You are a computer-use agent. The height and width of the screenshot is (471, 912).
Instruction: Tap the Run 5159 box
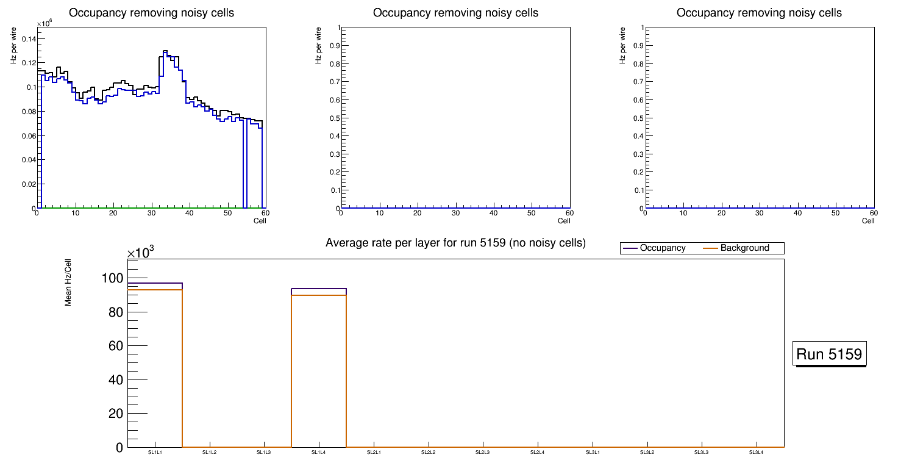pyautogui.click(x=830, y=354)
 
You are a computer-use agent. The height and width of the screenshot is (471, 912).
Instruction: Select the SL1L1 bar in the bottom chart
pyautogui.click(x=155, y=366)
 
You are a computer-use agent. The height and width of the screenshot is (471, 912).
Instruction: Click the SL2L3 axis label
pyautogui.click(x=483, y=452)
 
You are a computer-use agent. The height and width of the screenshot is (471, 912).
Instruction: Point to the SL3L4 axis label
pyautogui.click(x=756, y=452)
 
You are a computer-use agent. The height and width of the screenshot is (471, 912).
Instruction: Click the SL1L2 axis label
pyautogui.click(x=210, y=452)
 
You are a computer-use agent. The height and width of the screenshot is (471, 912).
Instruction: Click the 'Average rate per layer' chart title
pyautogui.click(x=455, y=243)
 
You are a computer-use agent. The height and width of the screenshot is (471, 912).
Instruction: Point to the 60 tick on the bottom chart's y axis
pyautogui.click(x=115, y=346)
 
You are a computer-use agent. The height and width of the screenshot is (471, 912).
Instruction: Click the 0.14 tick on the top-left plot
pyautogui.click(x=29, y=38)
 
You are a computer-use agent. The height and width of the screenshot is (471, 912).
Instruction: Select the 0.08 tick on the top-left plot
pyautogui.click(x=29, y=111)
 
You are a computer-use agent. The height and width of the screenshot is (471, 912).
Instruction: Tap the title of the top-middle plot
pyautogui.click(x=455, y=13)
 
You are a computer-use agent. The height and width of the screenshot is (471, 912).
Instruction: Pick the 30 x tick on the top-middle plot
pyautogui.click(x=455, y=213)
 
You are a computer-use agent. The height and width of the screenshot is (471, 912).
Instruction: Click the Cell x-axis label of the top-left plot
pyautogui.click(x=260, y=221)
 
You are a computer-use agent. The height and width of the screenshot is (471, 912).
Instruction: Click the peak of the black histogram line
pyautogui.click(x=165, y=51)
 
